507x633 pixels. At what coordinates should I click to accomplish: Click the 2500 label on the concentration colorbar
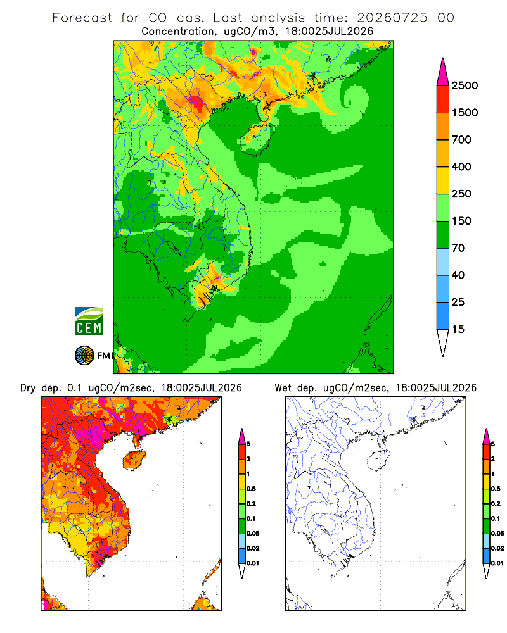pos(465,85)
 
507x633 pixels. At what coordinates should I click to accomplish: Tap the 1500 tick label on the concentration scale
pos(465,113)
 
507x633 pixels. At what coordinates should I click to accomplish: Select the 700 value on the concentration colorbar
pos(461,140)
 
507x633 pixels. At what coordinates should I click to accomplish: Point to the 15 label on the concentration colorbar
pos(458,329)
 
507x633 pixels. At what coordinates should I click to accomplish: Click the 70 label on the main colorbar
pos(458,248)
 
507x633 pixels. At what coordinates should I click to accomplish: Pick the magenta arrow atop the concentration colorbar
pos(443,72)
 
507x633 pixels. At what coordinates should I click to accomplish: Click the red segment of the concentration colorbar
pos(443,99)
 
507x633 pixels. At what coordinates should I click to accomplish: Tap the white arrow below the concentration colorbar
pos(443,342)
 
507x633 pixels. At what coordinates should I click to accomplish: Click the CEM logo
pos(89,322)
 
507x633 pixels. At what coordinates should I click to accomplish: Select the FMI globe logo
pos(84,356)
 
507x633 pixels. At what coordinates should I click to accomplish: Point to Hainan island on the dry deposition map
pos(134,460)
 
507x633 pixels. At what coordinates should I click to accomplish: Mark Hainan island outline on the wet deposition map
pos(378,460)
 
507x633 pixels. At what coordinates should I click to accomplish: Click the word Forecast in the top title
pos(82,18)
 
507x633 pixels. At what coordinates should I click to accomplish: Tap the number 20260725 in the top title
pos(392,18)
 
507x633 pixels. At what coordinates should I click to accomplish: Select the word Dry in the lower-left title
pos(28,388)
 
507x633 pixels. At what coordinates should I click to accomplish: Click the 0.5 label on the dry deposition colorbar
pos(251,489)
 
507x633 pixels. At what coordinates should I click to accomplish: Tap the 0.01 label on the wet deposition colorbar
pos(497,563)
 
